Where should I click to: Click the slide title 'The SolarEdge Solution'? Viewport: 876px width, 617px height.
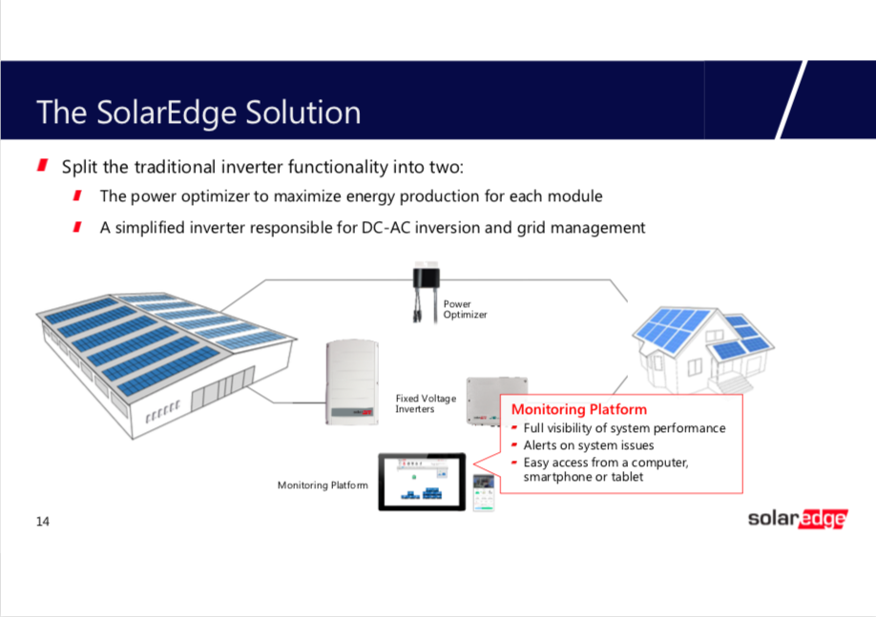coord(198,113)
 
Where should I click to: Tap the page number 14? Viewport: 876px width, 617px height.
coord(43,521)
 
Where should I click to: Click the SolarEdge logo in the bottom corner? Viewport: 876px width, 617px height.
coord(797,519)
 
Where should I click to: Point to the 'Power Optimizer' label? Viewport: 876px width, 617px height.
coord(465,309)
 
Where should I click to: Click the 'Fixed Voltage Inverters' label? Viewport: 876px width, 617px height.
coord(426,403)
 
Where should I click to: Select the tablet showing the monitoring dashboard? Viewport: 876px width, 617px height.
coord(421,481)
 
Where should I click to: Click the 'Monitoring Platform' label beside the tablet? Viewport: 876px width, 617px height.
coord(323,485)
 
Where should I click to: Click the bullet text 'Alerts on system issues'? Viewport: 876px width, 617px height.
coord(588,445)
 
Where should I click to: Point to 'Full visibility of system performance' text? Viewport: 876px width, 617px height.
coord(624,428)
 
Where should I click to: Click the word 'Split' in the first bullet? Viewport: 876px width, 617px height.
coord(79,167)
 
